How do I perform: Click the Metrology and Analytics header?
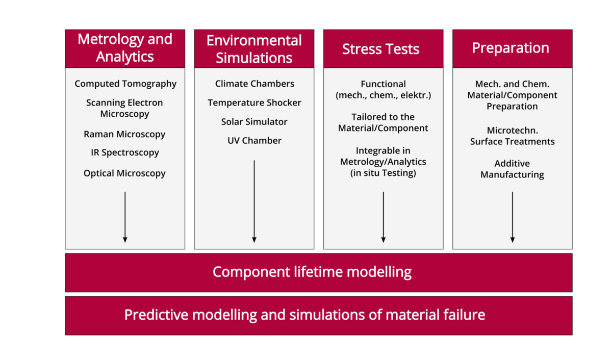[x=125, y=48]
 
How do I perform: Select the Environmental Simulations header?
[x=254, y=49]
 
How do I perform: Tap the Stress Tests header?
[x=380, y=49]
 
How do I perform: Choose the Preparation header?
[x=511, y=48]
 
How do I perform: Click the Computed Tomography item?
[x=125, y=84]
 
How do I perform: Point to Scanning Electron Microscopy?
[x=124, y=108]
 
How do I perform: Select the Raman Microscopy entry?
[x=124, y=134]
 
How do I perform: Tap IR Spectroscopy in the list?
[x=125, y=152]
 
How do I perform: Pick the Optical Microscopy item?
[x=124, y=173]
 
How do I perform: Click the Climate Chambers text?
[x=254, y=84]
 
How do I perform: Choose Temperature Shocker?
[x=254, y=102]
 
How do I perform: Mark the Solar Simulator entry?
[x=254, y=122]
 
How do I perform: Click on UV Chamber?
[x=254, y=140]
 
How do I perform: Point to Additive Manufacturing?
[x=512, y=169]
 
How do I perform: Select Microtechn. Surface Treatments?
[x=512, y=136]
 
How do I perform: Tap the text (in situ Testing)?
[x=383, y=173]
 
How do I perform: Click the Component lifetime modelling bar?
[x=312, y=272]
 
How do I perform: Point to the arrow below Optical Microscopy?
[x=125, y=217]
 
